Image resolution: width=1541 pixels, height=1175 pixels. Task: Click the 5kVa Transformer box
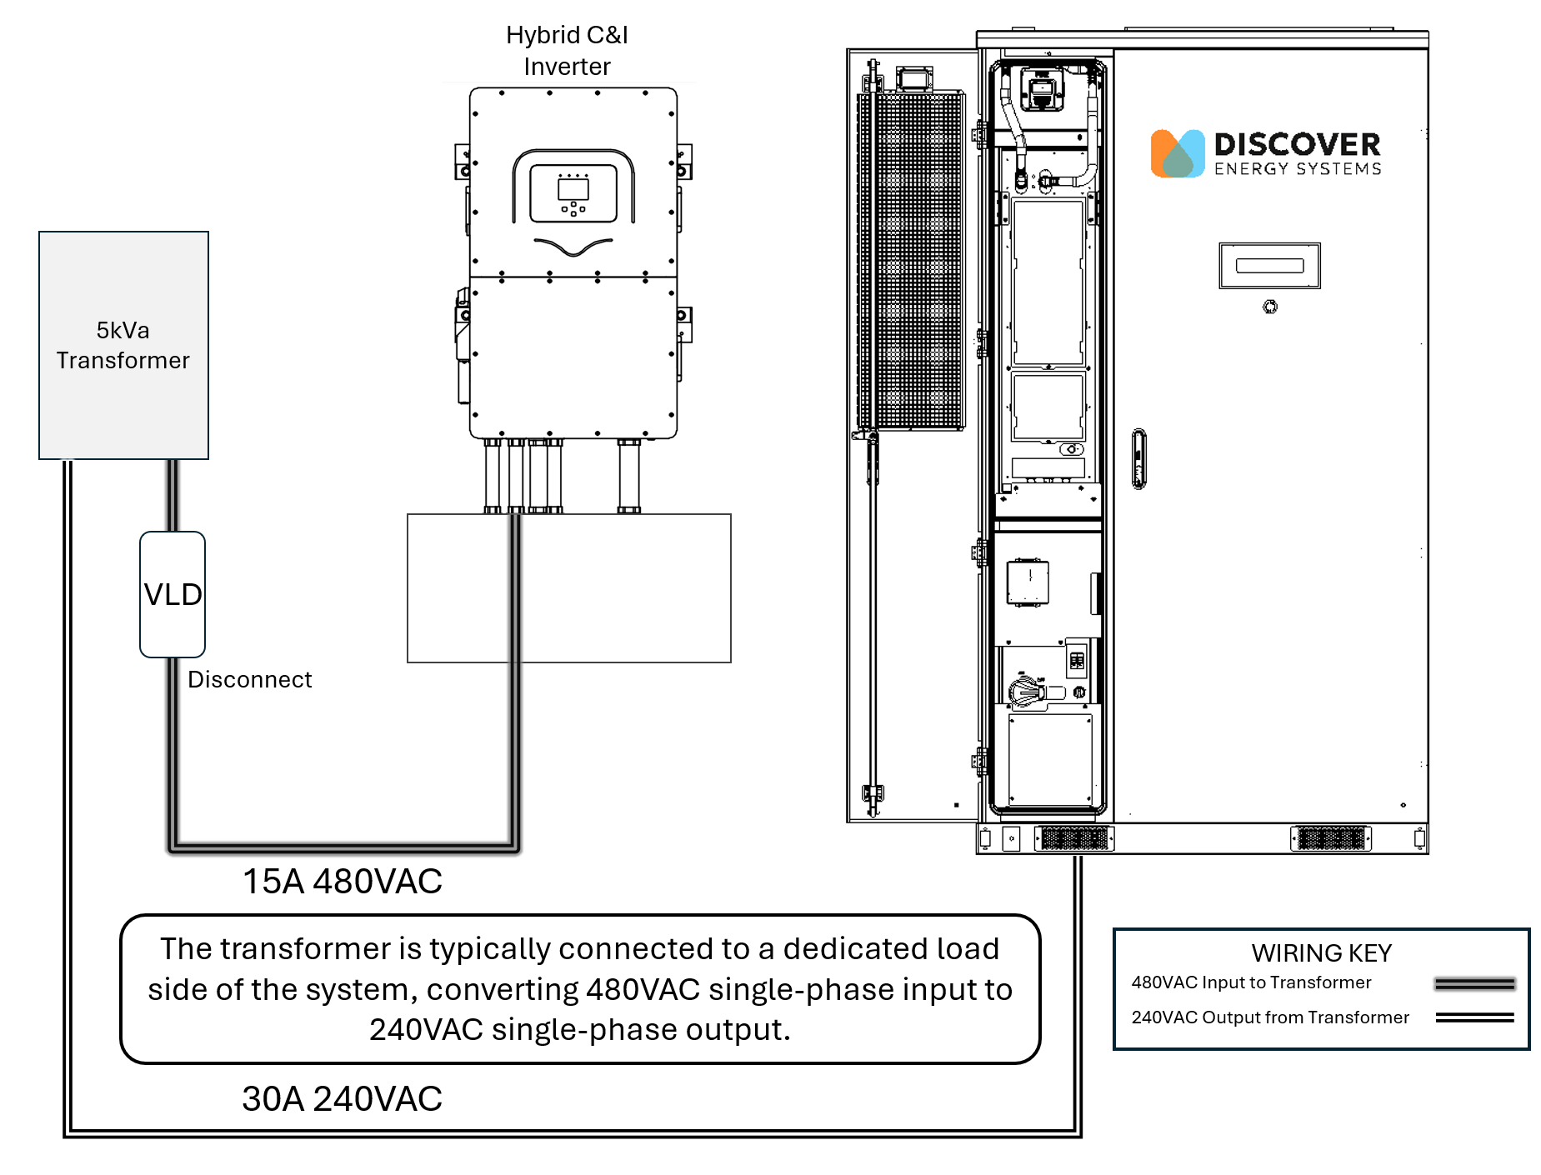point(123,345)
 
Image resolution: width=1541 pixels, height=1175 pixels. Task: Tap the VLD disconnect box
point(173,594)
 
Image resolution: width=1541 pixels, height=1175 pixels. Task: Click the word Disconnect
point(249,680)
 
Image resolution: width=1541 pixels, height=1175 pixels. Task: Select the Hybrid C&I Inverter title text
point(567,51)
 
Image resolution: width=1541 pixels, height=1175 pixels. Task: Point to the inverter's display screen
point(573,189)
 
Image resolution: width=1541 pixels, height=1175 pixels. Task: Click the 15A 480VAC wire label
point(342,882)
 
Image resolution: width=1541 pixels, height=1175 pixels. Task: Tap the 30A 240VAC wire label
point(342,1099)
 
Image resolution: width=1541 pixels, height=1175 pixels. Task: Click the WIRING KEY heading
point(1321,952)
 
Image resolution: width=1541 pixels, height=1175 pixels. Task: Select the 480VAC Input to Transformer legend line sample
point(1474,984)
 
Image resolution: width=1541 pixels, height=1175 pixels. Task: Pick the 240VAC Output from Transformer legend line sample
point(1474,1017)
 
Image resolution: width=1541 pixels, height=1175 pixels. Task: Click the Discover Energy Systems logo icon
point(1177,153)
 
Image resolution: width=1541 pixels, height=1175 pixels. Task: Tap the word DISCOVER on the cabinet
point(1297,145)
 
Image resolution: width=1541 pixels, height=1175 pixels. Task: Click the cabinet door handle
point(1138,458)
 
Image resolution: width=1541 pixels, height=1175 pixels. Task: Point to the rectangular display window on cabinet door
point(1269,266)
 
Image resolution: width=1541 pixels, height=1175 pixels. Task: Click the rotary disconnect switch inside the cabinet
point(1028,691)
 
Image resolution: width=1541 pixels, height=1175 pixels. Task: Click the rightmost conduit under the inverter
point(628,476)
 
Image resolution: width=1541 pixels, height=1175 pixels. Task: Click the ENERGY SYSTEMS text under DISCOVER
point(1297,169)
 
